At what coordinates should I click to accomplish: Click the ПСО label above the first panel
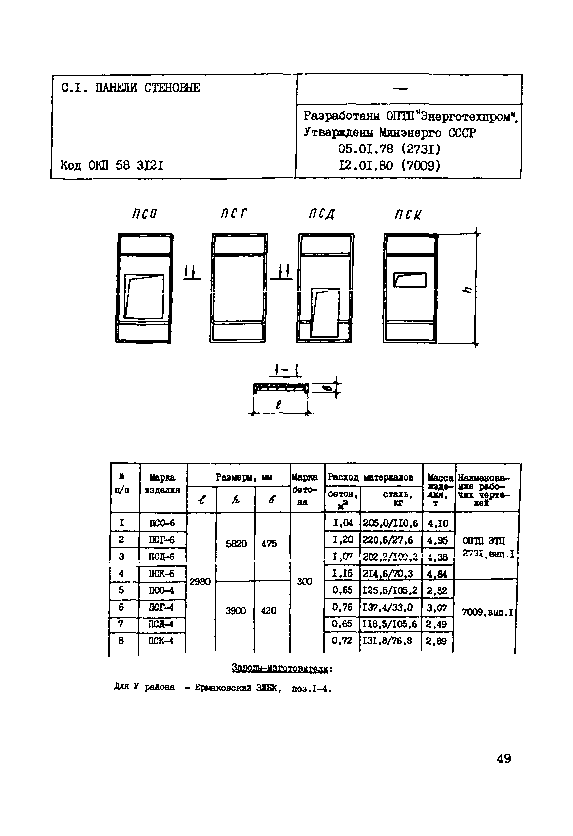[145, 214]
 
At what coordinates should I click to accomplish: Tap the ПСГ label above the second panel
[234, 214]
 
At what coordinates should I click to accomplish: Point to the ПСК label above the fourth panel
[408, 215]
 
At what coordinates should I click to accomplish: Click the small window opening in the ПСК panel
[410, 280]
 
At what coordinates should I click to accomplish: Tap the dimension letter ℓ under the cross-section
[278, 405]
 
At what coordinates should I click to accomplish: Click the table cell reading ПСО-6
[162, 523]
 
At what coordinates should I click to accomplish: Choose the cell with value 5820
[236, 544]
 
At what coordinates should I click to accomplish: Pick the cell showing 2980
[200, 582]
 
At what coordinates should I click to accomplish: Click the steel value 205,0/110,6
[390, 523]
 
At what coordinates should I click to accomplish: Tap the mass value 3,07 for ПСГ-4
[437, 608]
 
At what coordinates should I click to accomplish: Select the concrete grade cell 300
[304, 581]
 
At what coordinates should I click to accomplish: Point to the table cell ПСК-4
[161, 641]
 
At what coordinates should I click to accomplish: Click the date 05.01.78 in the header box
[365, 149]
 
